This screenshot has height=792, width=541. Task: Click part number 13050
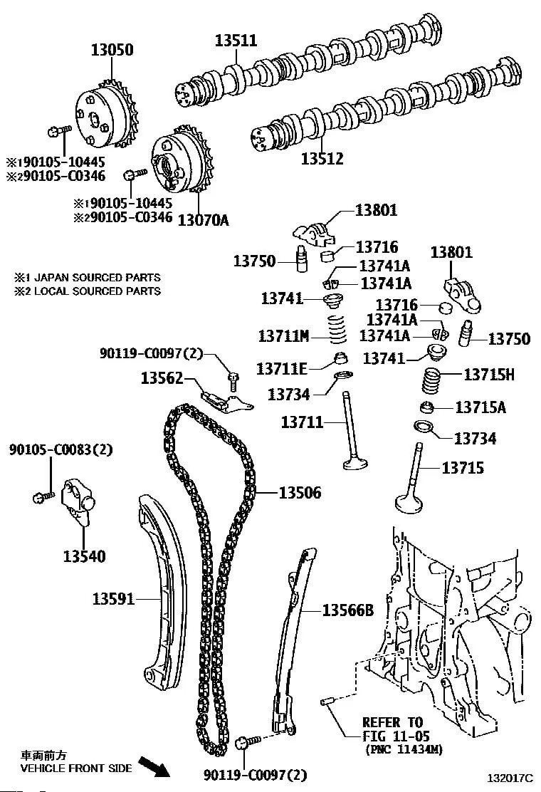111,51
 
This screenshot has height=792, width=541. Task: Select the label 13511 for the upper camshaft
236,41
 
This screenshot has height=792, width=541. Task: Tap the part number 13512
321,158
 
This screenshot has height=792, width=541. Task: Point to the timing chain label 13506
299,492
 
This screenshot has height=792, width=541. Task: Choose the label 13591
113,599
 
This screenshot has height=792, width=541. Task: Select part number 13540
83,556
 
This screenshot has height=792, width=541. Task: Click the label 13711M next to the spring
283,335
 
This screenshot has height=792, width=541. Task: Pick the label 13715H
489,374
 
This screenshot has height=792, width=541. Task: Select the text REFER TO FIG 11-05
392,728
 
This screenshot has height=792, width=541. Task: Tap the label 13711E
282,368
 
